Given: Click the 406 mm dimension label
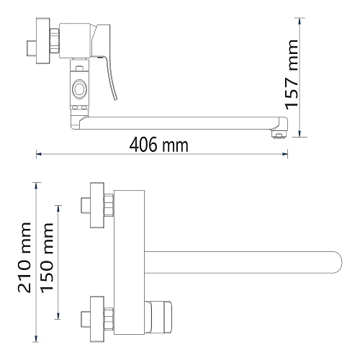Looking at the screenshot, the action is (158, 145).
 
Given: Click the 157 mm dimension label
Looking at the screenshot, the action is (292, 75).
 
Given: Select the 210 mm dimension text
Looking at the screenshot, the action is (24, 258).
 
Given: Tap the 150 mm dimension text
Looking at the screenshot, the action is (47, 258).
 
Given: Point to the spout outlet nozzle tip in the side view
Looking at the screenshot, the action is (279, 135).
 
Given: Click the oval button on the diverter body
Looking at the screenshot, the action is (79, 89).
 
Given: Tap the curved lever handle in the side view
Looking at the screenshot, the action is (109, 77).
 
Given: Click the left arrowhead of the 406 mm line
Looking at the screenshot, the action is (39, 154).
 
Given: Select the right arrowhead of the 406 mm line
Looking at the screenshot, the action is (285, 154).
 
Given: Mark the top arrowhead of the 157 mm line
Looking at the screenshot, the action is (300, 21).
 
